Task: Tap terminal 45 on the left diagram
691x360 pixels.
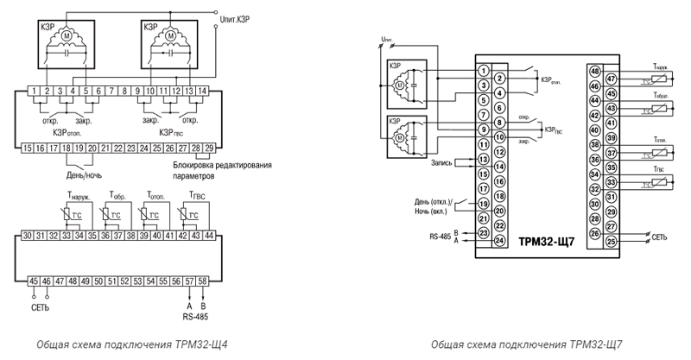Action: (x=33, y=281)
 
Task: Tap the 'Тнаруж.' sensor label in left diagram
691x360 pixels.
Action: (x=77, y=196)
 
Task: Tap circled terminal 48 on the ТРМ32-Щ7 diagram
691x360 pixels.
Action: (x=593, y=69)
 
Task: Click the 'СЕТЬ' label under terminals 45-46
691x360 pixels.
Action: (x=40, y=307)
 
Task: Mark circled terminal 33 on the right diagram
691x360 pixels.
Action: (x=611, y=182)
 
